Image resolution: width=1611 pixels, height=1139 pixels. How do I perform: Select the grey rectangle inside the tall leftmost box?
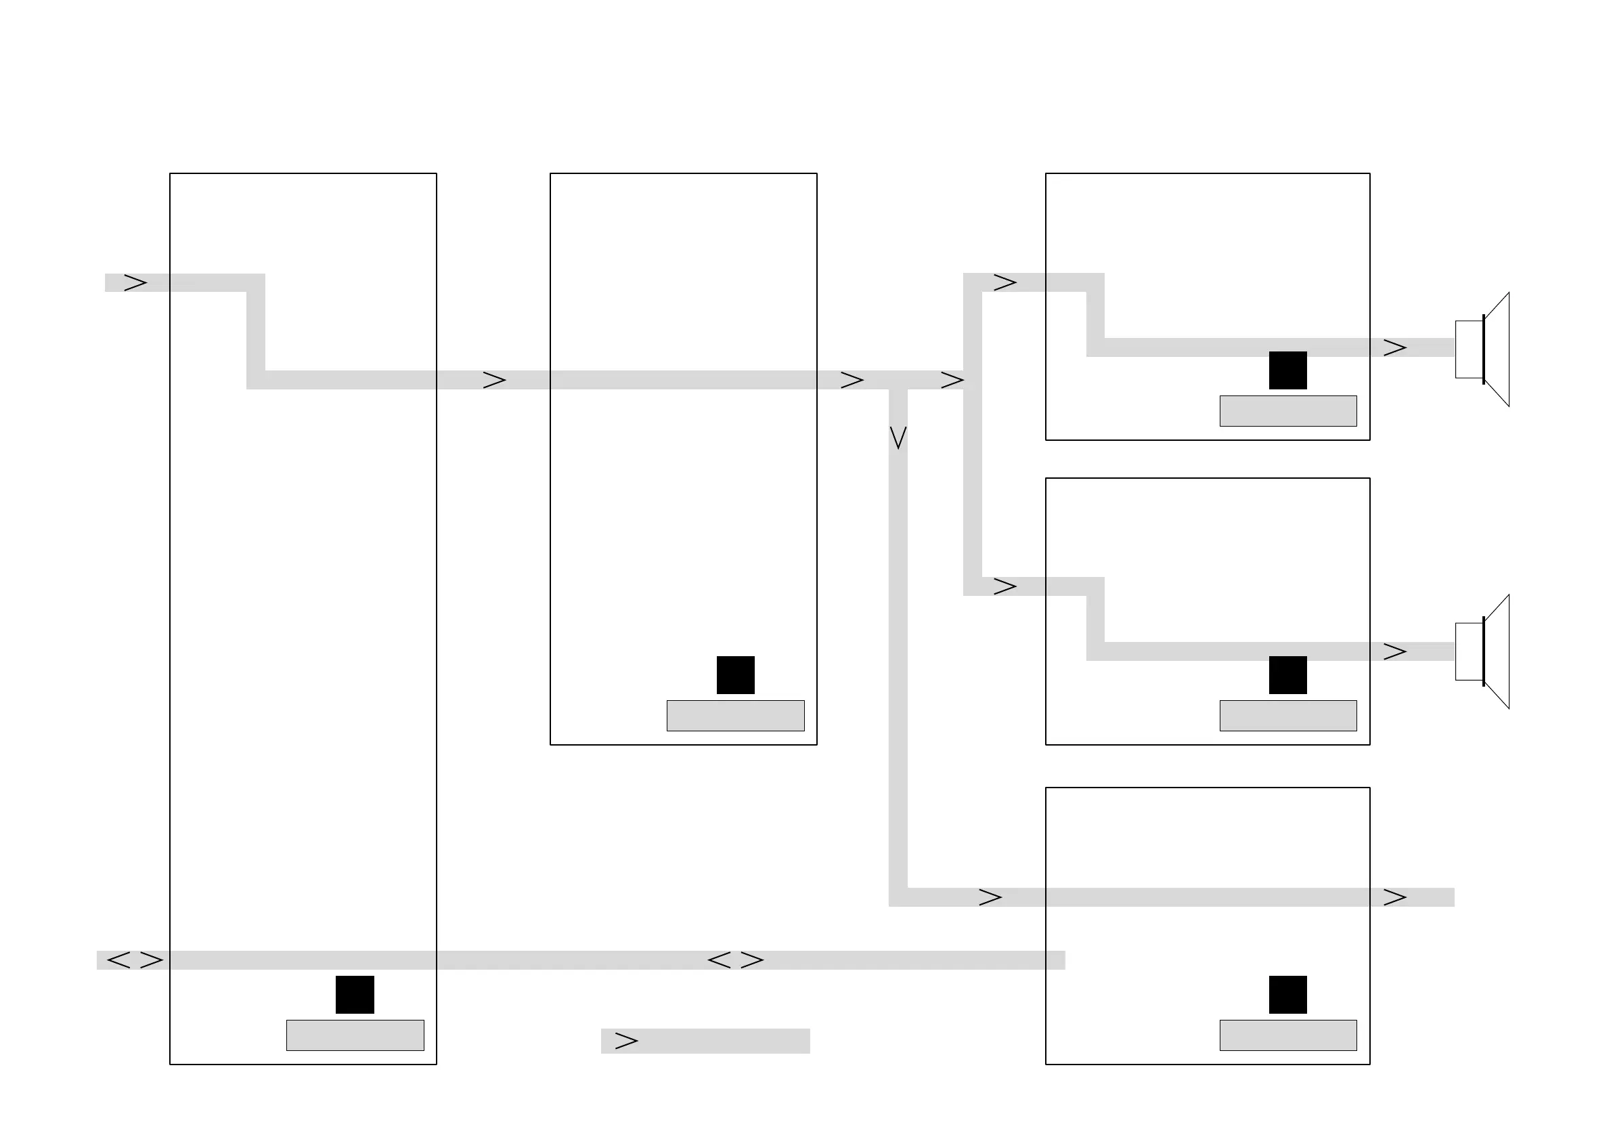point(355,1035)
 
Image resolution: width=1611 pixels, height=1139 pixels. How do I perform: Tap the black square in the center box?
point(735,675)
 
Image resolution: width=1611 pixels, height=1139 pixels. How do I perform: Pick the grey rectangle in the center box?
point(735,716)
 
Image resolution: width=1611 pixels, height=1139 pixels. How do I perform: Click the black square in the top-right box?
point(1287,370)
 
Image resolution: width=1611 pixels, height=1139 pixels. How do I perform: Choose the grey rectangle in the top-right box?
point(1287,411)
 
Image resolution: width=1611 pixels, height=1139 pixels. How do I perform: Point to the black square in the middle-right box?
point(1287,675)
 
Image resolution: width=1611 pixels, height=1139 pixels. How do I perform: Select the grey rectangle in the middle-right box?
point(1287,716)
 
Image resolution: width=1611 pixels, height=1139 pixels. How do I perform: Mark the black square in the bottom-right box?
point(1287,995)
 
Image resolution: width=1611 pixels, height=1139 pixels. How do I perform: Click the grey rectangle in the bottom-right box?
point(1287,1035)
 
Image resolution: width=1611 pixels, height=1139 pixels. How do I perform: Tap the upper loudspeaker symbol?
point(1481,349)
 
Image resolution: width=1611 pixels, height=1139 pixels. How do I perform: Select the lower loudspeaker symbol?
point(1481,652)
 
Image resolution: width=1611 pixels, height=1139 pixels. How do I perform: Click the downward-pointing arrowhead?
point(898,437)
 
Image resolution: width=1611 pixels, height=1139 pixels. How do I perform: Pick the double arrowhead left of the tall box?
point(135,960)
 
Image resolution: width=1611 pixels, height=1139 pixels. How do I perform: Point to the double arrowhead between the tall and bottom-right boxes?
point(735,960)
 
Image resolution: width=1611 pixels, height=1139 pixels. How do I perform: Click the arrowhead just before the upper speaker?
point(1395,348)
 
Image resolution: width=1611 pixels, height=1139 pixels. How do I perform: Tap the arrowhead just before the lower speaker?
point(1395,652)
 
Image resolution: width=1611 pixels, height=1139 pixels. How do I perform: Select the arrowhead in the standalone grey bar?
point(626,1041)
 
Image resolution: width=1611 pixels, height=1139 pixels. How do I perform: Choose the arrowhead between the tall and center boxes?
point(495,381)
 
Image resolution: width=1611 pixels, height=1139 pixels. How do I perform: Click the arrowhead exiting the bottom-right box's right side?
point(1395,897)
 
